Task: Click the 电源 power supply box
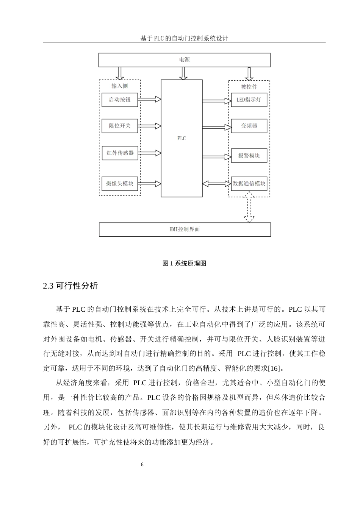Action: (184, 60)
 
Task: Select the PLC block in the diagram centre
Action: (182, 138)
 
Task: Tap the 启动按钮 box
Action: (120, 100)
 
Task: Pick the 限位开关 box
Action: (120, 126)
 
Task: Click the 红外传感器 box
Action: (120, 153)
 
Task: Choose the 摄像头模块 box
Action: (120, 184)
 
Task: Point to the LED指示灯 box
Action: (249, 100)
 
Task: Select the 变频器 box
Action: (249, 126)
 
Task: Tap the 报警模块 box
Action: (249, 156)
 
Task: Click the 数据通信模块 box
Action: (249, 184)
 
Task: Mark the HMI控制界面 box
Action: (185, 230)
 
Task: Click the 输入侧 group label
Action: (120, 86)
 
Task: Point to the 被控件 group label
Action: (249, 87)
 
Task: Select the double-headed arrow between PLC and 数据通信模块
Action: (217, 184)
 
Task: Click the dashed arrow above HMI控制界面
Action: (249, 207)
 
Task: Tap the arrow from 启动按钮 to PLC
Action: (149, 99)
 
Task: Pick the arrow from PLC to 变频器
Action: (217, 126)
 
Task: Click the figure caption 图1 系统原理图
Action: (184, 264)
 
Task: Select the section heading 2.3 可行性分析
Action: (70, 286)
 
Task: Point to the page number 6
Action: (142, 465)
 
